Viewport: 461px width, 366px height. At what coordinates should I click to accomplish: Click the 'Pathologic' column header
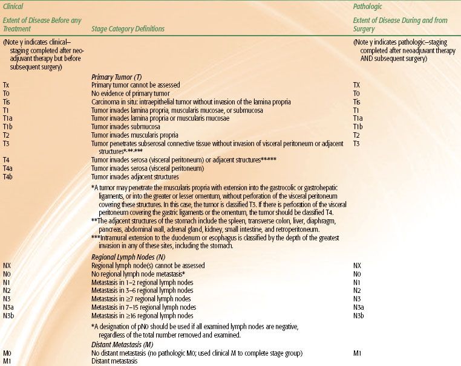pos(367,5)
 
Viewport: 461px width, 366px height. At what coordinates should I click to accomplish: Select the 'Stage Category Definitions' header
pos(128,28)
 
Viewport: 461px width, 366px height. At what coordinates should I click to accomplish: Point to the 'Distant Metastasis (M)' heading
pos(123,344)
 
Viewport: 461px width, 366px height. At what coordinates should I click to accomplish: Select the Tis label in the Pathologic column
pos(358,102)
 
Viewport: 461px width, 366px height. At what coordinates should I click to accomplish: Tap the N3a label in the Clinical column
pos(9,307)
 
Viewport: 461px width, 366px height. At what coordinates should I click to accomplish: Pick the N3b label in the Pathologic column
pos(359,315)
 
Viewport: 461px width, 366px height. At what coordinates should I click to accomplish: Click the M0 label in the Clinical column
pos(7,352)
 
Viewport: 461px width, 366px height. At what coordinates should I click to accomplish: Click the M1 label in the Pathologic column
pos(358,352)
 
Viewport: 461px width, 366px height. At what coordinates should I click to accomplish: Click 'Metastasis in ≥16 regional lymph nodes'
pos(143,315)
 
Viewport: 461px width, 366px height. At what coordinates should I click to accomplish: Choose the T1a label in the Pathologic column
pos(358,118)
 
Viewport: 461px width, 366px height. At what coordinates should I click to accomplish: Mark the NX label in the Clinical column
pos(7,265)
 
